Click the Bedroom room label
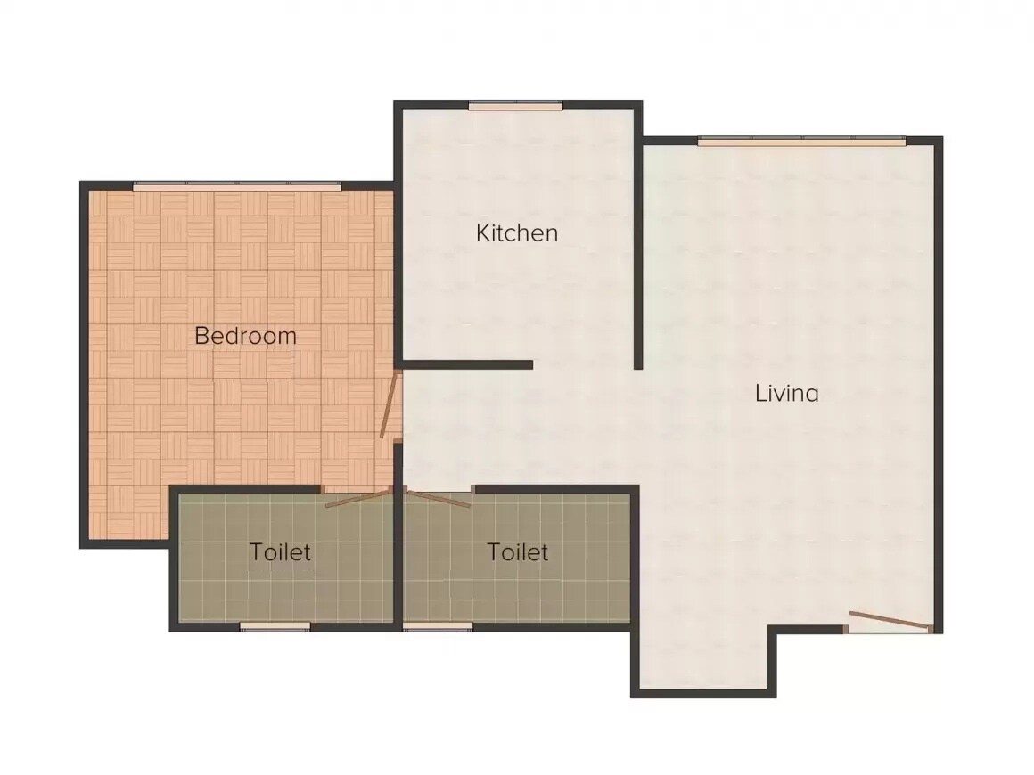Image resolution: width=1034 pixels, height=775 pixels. (245, 336)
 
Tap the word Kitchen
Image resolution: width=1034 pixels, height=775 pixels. (517, 233)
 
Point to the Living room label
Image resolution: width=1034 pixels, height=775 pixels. (787, 393)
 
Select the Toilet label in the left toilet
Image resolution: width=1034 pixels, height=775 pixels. (280, 552)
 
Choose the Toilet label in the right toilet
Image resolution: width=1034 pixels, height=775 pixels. (518, 552)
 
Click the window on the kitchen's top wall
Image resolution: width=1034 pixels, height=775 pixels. (516, 106)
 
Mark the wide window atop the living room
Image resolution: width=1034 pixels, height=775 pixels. (801, 141)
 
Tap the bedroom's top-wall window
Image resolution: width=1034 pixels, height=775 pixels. (236, 185)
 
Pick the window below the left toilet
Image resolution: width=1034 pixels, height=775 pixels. (275, 627)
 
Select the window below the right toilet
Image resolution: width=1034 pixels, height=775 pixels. (438, 627)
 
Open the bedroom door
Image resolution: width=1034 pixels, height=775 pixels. (390, 405)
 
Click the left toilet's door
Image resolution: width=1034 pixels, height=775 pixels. (358, 498)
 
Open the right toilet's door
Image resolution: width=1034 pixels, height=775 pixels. (438, 498)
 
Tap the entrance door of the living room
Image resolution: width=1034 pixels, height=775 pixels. (889, 621)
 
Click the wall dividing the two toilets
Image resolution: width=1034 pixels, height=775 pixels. (398, 557)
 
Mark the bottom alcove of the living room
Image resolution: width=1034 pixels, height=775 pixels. (703, 659)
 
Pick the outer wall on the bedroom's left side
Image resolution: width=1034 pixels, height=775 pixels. (85, 365)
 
